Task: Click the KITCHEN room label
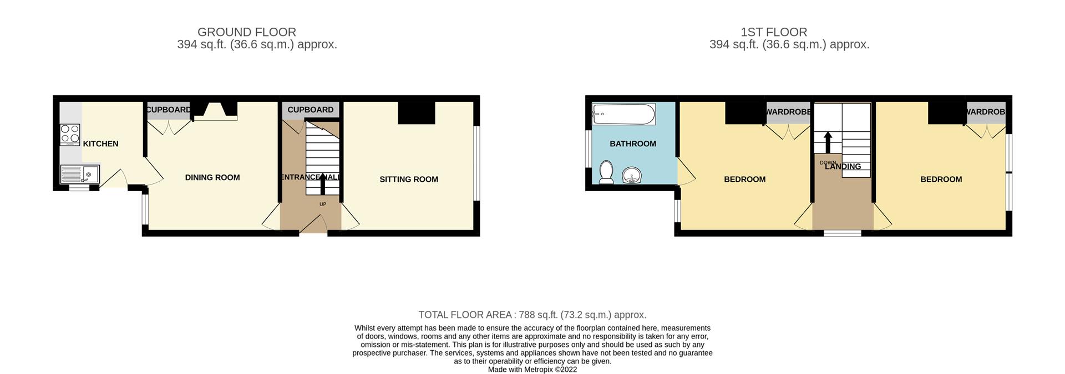coord(100,144)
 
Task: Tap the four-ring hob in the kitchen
coord(70,134)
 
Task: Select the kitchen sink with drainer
coord(79,175)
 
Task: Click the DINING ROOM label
coord(212,178)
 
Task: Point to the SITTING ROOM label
coord(409,179)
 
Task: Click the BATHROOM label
coord(633,144)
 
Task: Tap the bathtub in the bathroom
coord(623,115)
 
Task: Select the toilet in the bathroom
coord(606,172)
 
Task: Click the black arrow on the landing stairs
coord(828,142)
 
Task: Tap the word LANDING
coord(843,166)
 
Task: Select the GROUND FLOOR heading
coord(247,32)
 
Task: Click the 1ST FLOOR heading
coord(789,32)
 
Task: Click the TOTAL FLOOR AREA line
coord(532,315)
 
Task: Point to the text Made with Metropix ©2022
coord(532,370)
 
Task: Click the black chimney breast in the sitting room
coord(417,113)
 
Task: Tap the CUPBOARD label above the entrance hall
coord(310,110)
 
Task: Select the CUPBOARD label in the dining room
coord(168,110)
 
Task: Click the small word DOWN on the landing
coord(828,162)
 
